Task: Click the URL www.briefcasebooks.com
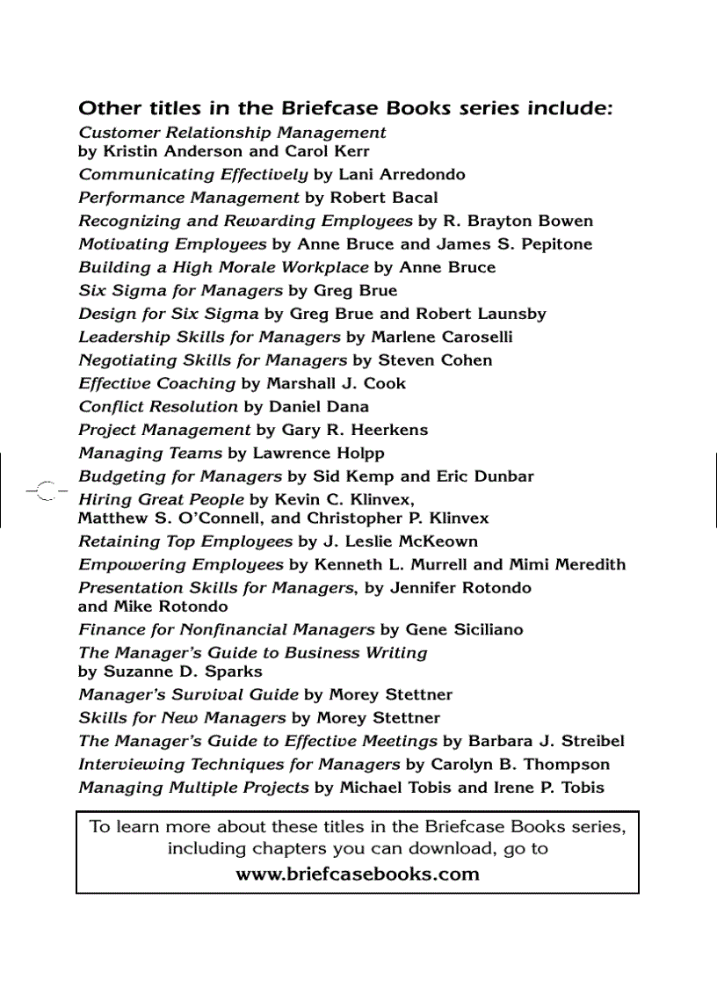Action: pyautogui.click(x=358, y=875)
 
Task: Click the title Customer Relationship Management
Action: pyautogui.click(x=232, y=133)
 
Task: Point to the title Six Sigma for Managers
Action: pyautogui.click(x=180, y=290)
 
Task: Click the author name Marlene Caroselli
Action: pyautogui.click(x=442, y=337)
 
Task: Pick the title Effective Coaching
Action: pyautogui.click(x=157, y=383)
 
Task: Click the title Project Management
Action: pyautogui.click(x=164, y=430)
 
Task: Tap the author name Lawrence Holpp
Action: pyautogui.click(x=319, y=453)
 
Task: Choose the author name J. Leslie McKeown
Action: pyautogui.click(x=400, y=541)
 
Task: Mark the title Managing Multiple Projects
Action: pyautogui.click(x=193, y=787)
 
